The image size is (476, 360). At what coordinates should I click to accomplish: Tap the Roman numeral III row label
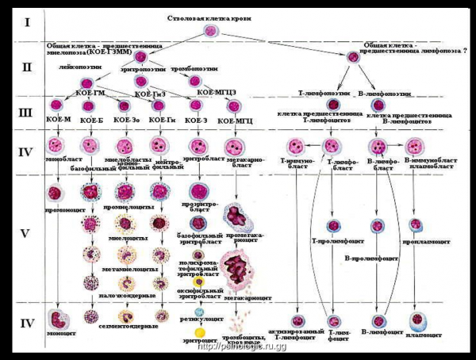click(26, 110)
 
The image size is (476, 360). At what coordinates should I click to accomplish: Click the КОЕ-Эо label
click(124, 120)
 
